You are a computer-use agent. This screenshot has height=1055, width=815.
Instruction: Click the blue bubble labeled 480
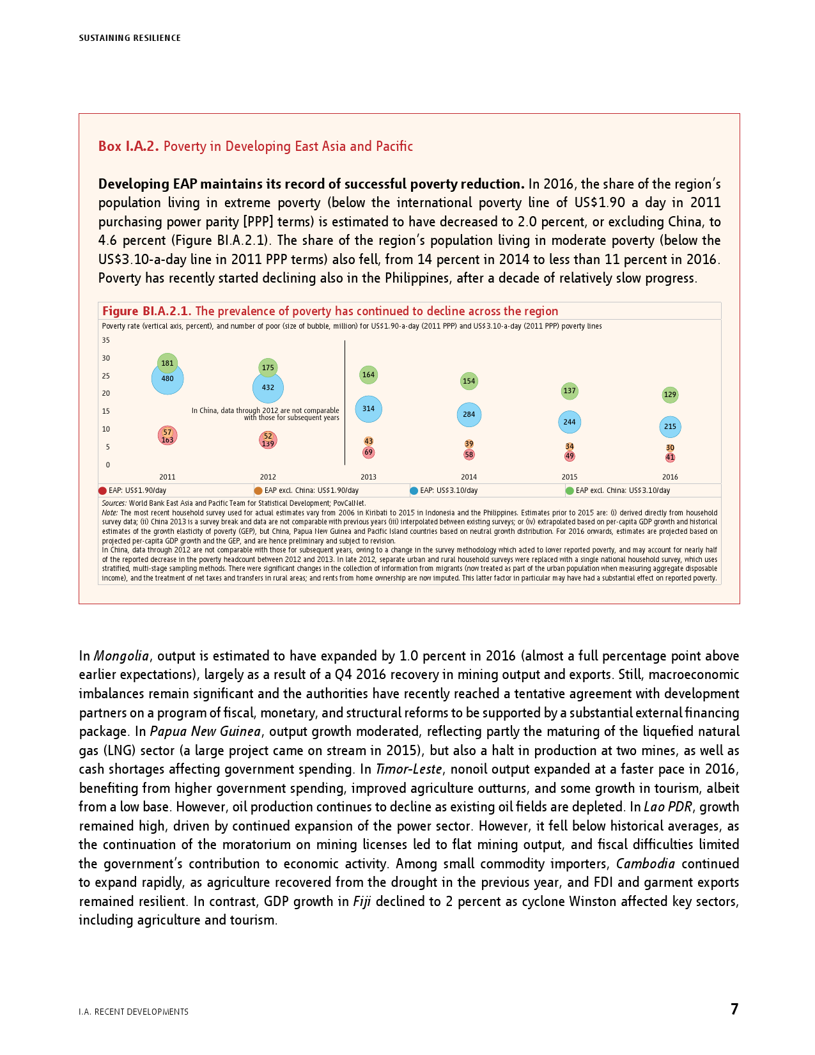pos(167,379)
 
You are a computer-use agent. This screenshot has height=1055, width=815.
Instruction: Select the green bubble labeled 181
pos(167,363)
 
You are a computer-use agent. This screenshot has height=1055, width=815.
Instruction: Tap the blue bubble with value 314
pos(368,409)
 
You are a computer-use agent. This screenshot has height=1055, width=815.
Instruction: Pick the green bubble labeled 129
pos(670,395)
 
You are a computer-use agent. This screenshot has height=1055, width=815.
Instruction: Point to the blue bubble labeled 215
pos(670,426)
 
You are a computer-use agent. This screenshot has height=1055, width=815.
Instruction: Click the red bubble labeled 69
pos(368,452)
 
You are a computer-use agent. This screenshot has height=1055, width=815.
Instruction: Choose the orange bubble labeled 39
pos(469,444)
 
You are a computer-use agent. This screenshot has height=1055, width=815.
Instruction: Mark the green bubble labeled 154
pos(469,381)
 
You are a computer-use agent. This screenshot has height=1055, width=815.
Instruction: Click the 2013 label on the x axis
pos(368,477)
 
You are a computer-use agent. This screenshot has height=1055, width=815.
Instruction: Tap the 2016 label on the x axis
pos(670,477)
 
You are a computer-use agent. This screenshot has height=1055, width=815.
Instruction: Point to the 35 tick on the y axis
pos(106,340)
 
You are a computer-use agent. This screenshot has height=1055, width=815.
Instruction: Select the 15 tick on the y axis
pos(106,411)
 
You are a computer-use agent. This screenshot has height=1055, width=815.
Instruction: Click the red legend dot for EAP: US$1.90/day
pos(102,491)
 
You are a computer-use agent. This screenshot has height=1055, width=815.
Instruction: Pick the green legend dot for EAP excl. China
pos(570,491)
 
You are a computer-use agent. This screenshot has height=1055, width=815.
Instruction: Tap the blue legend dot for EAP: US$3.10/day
pos(414,491)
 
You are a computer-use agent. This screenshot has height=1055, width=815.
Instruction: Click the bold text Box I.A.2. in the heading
pos(128,146)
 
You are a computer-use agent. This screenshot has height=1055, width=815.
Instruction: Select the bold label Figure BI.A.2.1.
pos(147,311)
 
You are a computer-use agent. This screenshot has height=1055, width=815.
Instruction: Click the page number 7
pos(734,1009)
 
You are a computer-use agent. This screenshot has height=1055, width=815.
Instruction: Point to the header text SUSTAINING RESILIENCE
pos(130,38)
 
